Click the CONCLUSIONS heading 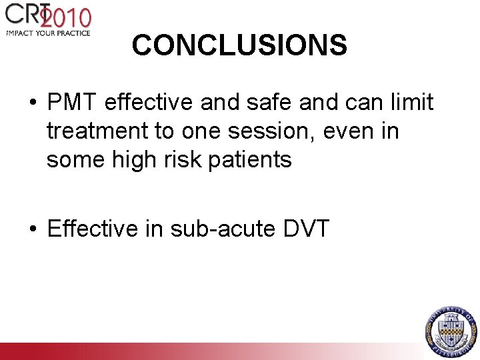[x=239, y=45]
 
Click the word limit [x=411, y=103]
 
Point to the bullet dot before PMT [x=32, y=104]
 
